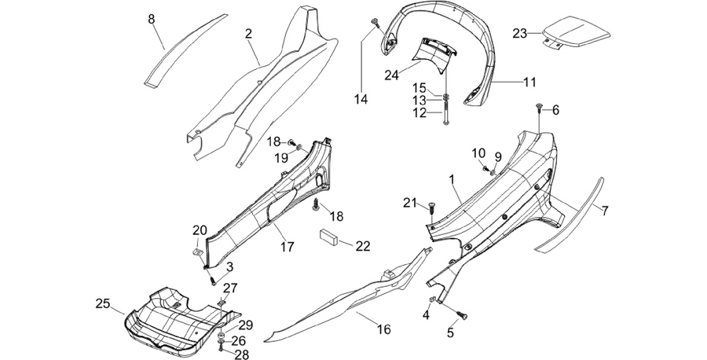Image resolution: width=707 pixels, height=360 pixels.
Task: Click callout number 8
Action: [152, 20]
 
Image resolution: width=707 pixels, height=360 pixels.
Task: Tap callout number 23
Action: [520, 33]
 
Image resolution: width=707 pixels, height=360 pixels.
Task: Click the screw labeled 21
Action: [431, 210]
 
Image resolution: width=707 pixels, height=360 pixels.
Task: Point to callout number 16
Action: [383, 329]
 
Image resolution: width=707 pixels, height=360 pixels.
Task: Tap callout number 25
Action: [103, 303]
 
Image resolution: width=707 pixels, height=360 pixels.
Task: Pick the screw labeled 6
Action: [539, 107]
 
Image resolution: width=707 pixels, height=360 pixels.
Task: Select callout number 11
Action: [529, 82]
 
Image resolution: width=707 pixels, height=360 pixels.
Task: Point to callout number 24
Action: [391, 75]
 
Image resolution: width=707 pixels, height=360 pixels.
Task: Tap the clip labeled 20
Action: [197, 252]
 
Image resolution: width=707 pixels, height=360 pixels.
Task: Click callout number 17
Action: [288, 247]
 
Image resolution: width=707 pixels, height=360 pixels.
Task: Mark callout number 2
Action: [249, 33]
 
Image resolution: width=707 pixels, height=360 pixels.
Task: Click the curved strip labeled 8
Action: [184, 50]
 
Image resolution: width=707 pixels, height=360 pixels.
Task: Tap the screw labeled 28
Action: [221, 347]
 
